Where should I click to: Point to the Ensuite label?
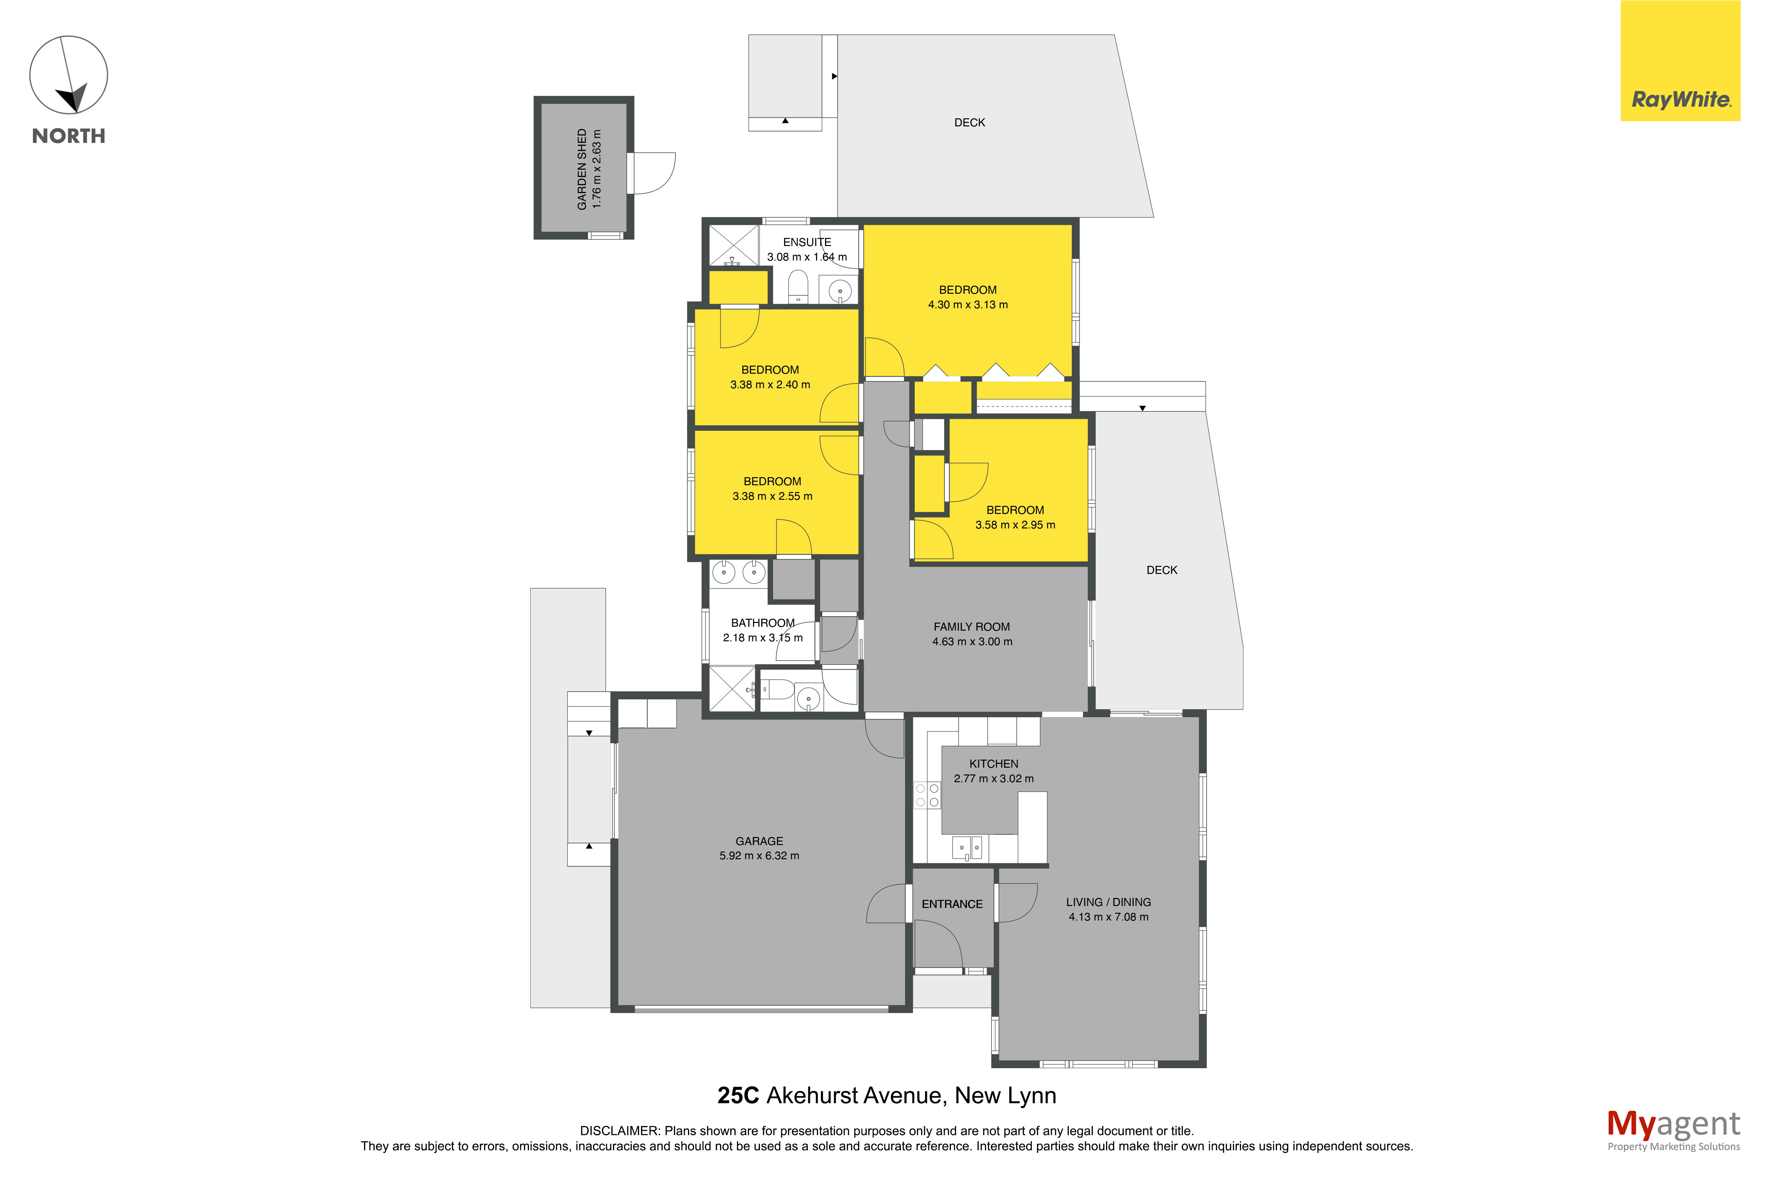807,242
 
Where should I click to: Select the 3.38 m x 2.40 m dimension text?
770,384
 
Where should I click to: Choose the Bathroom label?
762,623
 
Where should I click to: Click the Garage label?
759,841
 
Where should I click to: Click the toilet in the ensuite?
798,286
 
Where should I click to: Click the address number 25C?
738,1095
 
